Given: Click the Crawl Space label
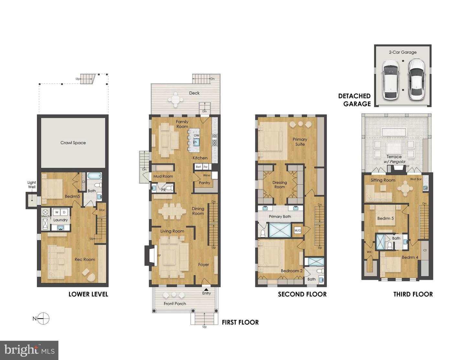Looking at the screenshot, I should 73,142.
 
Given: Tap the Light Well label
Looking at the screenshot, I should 32,185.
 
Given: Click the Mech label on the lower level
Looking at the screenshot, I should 45,216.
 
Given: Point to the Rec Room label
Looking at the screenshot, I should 85,259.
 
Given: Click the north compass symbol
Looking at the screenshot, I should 43,319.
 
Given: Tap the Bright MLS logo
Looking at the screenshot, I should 29,350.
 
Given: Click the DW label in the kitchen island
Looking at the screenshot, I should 196,135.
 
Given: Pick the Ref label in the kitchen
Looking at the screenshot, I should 198,167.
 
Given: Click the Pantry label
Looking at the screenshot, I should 205,183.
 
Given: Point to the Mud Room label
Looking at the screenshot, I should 163,176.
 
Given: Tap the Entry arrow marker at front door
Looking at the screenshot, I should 206,289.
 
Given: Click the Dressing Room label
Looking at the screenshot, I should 280,185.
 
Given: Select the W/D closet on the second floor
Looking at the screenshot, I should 297,231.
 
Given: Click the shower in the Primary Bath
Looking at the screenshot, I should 280,231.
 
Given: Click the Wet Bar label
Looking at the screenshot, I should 416,179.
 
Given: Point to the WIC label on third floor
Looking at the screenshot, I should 370,252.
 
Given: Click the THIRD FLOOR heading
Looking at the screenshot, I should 413,294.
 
